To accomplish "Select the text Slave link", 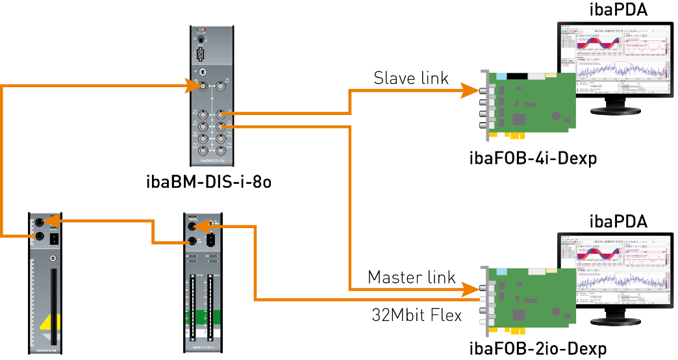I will pyautogui.click(x=411, y=79).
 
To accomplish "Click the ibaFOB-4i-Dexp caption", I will pyautogui.click(x=533, y=158).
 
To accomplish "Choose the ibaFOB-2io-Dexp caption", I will pyautogui.click(x=538, y=349).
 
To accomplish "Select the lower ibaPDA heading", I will pyautogui.click(x=618, y=221).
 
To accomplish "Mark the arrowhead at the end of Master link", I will pyautogui.click(x=471, y=288).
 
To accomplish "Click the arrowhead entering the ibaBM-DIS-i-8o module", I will pyautogui.click(x=192, y=85).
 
